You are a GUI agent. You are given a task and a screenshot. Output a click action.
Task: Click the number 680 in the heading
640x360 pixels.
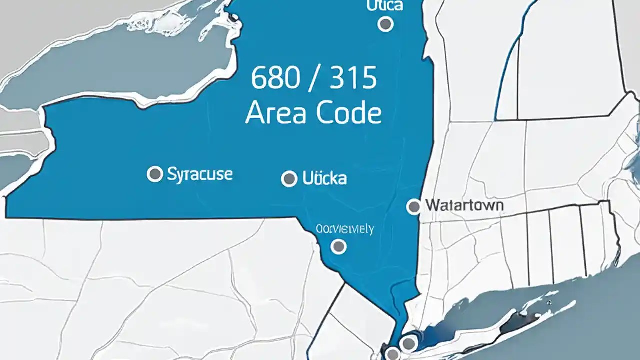(272, 79)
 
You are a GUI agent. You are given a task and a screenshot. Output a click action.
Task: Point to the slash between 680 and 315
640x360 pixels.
(313, 79)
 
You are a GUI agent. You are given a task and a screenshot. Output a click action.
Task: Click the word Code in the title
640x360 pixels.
(348, 113)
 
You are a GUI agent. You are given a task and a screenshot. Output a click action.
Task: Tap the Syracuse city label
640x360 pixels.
(200, 174)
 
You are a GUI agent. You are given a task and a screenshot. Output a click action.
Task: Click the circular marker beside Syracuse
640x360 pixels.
(155, 174)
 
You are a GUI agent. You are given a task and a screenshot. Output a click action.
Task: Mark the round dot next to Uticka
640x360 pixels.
(289, 178)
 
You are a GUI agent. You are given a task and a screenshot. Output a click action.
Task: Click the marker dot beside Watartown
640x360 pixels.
(414, 206)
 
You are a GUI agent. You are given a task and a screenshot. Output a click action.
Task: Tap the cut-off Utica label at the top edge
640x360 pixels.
(384, 6)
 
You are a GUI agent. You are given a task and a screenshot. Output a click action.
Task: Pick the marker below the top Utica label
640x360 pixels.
(385, 24)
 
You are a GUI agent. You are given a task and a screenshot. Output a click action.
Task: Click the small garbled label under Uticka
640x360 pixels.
(345, 229)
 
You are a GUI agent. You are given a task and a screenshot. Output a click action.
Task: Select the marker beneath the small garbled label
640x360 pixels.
(339, 246)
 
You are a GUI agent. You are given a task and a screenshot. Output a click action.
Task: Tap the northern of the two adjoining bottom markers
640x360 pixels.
(408, 343)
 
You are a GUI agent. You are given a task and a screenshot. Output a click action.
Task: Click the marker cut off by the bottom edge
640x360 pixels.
(393, 354)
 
